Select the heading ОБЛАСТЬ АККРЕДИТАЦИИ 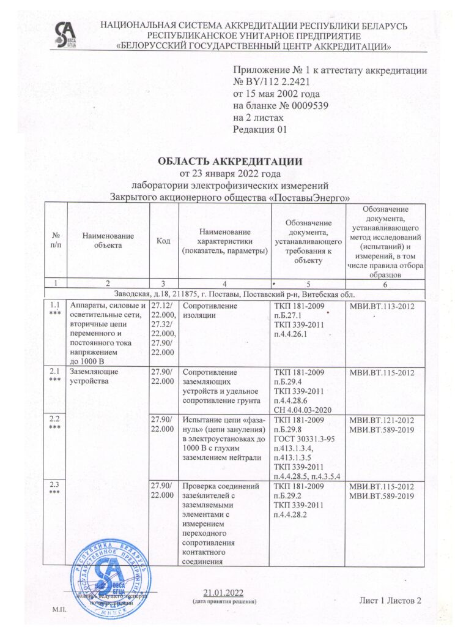[x=230, y=162]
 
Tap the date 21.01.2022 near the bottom [x=224, y=591]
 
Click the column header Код [x=163, y=241]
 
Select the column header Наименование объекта [x=108, y=241]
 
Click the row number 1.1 [x=55, y=304]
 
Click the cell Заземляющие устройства [x=94, y=377]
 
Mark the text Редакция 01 [x=260, y=129]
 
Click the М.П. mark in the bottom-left [x=59, y=610]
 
